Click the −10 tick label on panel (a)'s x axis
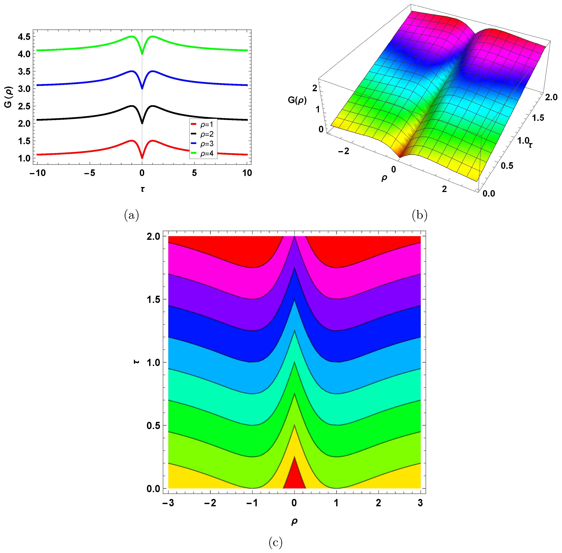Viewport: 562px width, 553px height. pyautogui.click(x=38, y=173)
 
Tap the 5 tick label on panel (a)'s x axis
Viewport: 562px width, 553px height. pyautogui.click(x=194, y=173)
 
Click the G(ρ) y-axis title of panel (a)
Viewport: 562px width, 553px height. pyautogui.click(x=8, y=97)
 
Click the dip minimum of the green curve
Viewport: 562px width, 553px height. pyautogui.click(x=142, y=54)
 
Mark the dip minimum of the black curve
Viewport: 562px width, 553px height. pyautogui.click(x=142, y=123)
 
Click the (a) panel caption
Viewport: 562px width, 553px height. pyautogui.click(x=131, y=215)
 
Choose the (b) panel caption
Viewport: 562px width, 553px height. pyautogui.click(x=420, y=215)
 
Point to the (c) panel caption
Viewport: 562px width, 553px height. pyautogui.click(x=275, y=542)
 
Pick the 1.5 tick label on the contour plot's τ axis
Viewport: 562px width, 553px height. pyautogui.click(x=154, y=299)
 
